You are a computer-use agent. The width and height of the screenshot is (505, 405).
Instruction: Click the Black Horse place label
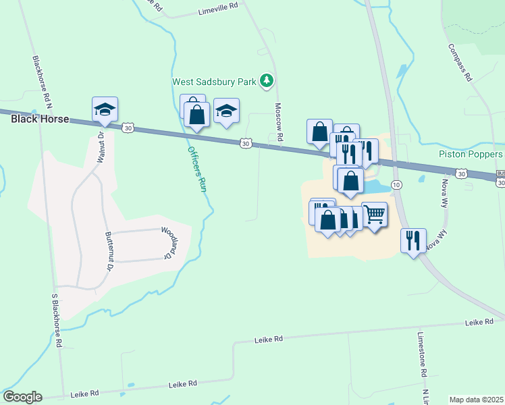coord(39,119)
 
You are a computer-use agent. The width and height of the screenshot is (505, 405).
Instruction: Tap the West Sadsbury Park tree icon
coord(267,81)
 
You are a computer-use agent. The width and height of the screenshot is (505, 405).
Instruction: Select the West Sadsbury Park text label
coord(214,82)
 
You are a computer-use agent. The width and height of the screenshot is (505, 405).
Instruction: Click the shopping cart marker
coord(375,215)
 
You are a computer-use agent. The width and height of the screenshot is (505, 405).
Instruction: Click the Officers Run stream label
coord(196,169)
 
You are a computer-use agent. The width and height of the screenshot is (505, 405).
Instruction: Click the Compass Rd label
coord(460,63)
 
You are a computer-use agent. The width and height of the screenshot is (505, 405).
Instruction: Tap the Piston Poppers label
coord(471,154)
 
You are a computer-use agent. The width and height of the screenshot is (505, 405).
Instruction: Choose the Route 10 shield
coord(397,184)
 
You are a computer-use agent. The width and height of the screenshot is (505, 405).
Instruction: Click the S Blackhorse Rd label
coord(57,320)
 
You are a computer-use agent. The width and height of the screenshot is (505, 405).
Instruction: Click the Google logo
coord(22,397)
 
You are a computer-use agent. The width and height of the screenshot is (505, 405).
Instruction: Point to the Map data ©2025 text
coord(476,400)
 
